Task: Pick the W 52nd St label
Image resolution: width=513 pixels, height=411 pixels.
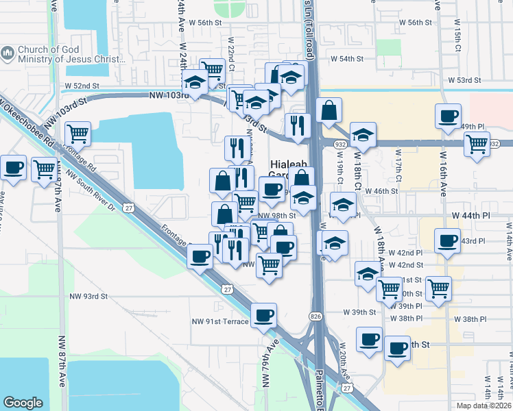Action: (82, 86)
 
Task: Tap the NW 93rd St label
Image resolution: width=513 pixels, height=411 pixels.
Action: (89, 296)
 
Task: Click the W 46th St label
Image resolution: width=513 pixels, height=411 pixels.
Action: (382, 191)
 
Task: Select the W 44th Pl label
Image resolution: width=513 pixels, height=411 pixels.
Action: (471, 215)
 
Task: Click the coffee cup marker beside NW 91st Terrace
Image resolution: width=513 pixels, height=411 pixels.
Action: (264, 316)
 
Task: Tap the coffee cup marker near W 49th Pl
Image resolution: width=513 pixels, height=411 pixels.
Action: (448, 116)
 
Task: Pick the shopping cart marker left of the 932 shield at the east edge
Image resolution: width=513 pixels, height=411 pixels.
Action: (475, 144)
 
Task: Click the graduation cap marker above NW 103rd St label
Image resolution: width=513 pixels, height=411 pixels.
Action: (196, 84)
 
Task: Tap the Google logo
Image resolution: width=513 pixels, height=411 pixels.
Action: (23, 403)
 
